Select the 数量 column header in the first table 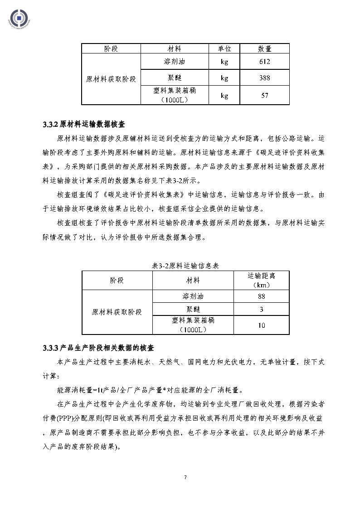click(x=264, y=48)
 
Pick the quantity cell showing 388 click(x=264, y=78)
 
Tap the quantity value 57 click(x=264, y=95)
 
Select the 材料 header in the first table click(x=175, y=48)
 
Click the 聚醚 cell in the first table click(x=175, y=78)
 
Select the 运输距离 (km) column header click(x=262, y=280)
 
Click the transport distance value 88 click(x=262, y=296)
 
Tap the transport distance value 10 click(x=262, y=325)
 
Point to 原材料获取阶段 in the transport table click(x=117, y=312)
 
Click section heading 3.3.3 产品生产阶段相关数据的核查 click(x=98, y=348)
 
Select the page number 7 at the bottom click(x=185, y=477)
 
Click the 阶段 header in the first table click(x=111, y=48)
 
